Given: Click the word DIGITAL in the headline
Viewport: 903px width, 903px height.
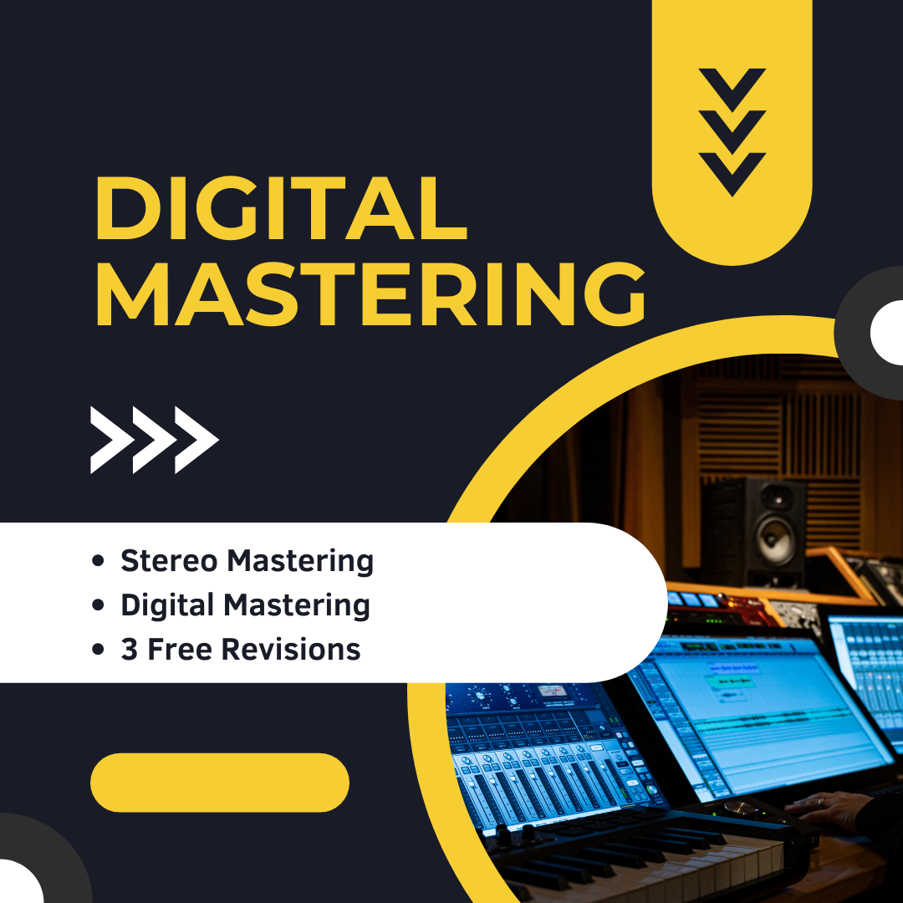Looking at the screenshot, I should [x=280, y=209].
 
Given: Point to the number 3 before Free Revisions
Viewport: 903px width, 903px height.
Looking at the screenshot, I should [x=129, y=650].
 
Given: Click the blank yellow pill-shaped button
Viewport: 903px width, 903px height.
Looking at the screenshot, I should [x=219, y=783].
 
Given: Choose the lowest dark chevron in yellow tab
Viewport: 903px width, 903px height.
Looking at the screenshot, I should [x=732, y=172].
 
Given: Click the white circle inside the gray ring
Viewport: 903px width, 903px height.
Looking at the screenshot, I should [x=888, y=333].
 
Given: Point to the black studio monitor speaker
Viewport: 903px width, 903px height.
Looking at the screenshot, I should [x=752, y=531].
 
